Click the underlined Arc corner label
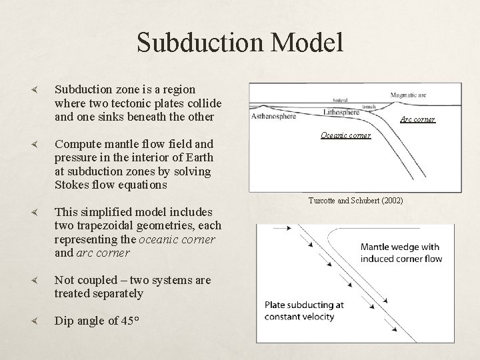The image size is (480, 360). (x=417, y=120)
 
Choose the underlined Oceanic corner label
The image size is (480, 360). (x=345, y=135)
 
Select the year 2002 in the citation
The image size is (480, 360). (x=391, y=201)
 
